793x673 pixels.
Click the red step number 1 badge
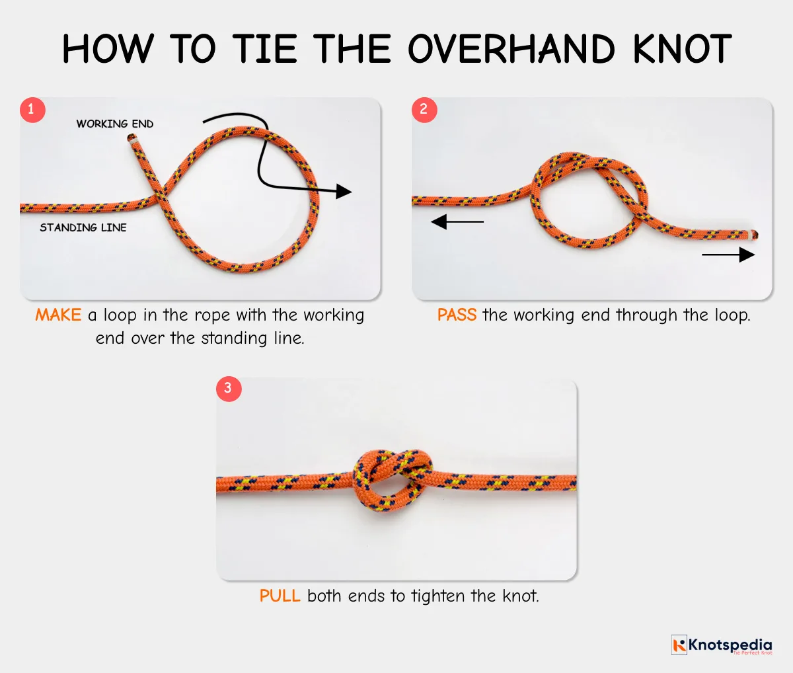[32, 110]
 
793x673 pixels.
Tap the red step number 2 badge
[424, 110]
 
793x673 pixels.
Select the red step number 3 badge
[229, 388]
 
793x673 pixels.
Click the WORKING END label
[114, 124]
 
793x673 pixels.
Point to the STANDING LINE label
[83, 227]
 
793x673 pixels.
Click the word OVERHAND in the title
[511, 49]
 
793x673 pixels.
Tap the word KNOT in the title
[681, 49]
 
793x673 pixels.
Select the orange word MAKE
[58, 315]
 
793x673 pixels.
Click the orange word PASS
[457, 315]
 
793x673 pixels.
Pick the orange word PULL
[280, 596]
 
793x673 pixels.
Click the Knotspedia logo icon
[679, 645]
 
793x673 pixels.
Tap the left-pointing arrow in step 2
[457, 222]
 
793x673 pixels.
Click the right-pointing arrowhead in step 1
[343, 192]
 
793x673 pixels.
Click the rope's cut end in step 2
[753, 234]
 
